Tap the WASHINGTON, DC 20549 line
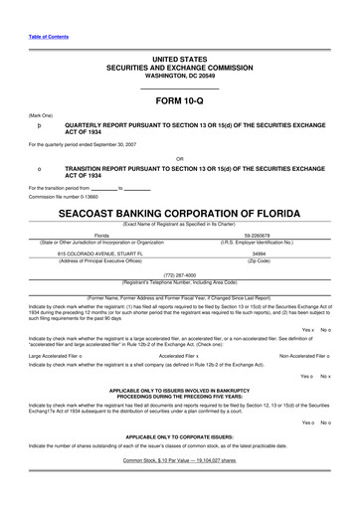point(179,75)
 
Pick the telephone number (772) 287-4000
point(179,274)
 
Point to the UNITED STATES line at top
point(179,60)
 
